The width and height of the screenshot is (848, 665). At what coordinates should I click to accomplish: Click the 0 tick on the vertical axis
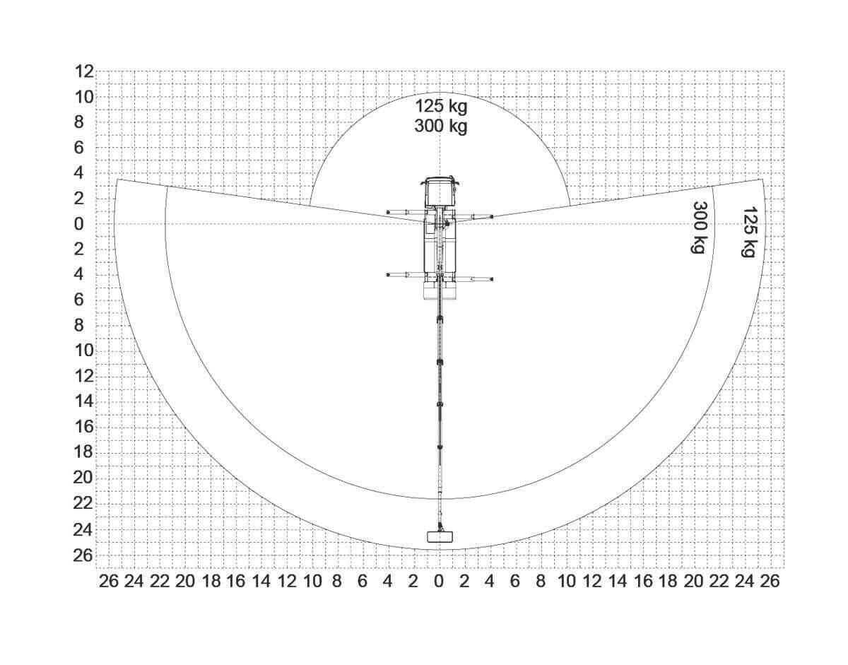[x=79, y=225]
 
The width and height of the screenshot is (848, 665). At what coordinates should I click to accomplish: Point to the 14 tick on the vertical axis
[x=84, y=401]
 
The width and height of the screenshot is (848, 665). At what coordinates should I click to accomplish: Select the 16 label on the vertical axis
[x=84, y=428]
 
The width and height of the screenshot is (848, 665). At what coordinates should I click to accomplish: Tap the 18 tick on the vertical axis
[x=84, y=453]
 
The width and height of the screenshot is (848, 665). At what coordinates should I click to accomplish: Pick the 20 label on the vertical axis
[x=84, y=478]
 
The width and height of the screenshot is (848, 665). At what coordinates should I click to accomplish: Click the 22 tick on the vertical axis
[x=84, y=504]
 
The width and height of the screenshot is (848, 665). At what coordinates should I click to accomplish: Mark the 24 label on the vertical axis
[x=84, y=530]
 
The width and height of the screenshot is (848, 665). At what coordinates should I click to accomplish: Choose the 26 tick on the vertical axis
[x=84, y=555]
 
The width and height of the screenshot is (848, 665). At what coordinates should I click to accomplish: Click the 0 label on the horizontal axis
[x=439, y=582]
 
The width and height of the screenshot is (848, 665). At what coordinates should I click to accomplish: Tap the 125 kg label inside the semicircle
[x=441, y=106]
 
